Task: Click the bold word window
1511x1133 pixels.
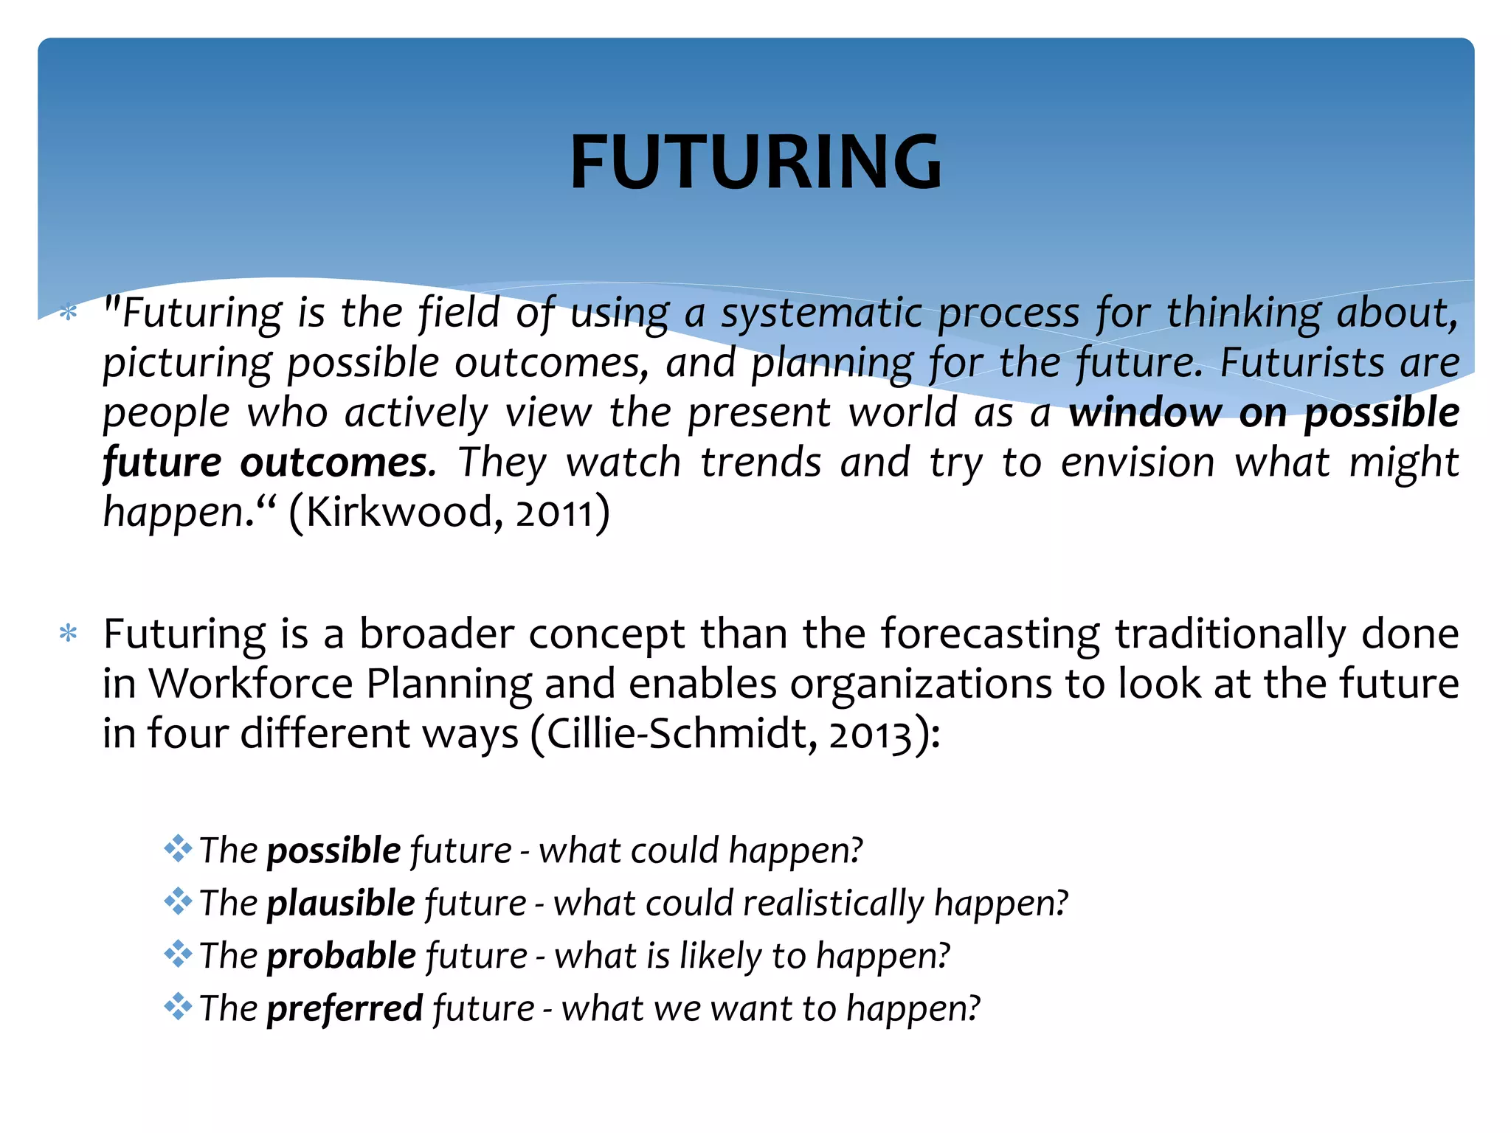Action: click(x=1145, y=412)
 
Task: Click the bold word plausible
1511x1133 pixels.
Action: click(x=341, y=903)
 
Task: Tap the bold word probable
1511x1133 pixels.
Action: click(x=341, y=956)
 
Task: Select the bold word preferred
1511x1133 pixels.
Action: click(x=345, y=1008)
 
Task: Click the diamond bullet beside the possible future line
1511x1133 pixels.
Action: click(x=178, y=848)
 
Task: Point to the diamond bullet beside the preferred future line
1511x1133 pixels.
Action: click(x=178, y=1006)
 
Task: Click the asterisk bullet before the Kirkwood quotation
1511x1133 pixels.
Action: click(x=68, y=313)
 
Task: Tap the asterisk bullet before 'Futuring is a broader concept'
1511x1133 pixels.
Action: click(x=68, y=634)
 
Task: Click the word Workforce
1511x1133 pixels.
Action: click(x=251, y=684)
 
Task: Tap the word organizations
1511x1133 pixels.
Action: click(x=921, y=684)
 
